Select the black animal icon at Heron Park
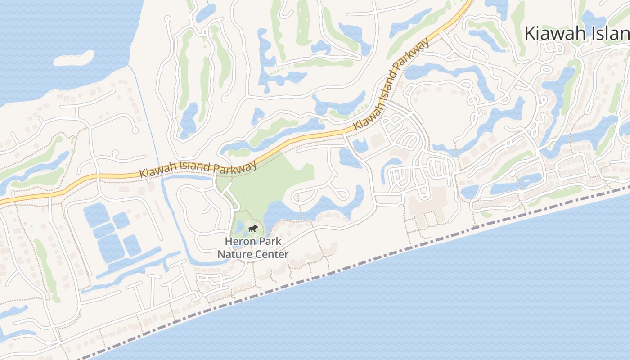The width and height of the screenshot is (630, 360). [253, 229]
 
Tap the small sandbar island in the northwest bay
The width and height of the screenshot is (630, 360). [74, 58]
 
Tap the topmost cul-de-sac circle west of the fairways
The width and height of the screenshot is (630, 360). [168, 19]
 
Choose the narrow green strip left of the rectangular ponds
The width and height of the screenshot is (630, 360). [45, 265]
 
